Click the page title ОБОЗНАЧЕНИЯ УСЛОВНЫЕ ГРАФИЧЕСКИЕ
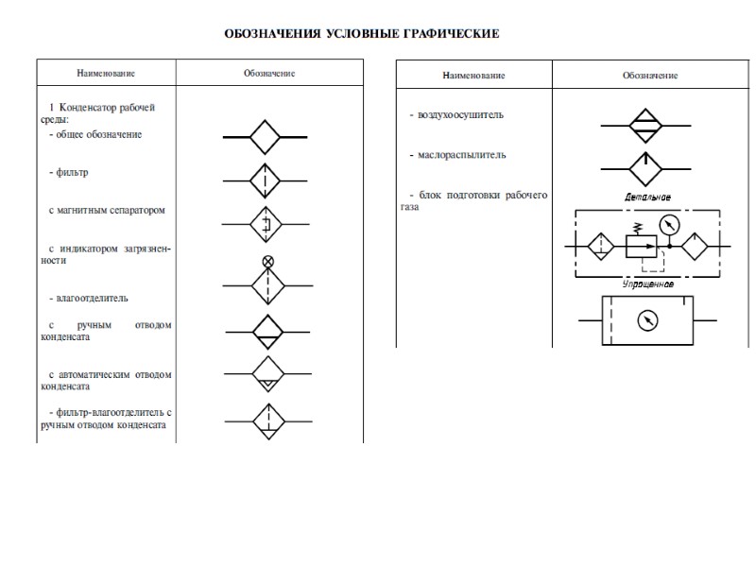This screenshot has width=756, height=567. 361,35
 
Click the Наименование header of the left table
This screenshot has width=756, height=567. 107,74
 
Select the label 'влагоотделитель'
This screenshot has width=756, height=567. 92,299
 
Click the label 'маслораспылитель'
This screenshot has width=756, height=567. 457,154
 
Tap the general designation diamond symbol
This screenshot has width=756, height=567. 266,138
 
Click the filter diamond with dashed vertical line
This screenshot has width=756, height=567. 266,180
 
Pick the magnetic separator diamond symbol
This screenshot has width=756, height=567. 266,224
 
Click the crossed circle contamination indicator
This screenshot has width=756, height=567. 267,261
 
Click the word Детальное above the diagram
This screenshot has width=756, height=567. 648,197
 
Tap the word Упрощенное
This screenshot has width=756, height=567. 647,283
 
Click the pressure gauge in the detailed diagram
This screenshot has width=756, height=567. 670,225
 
